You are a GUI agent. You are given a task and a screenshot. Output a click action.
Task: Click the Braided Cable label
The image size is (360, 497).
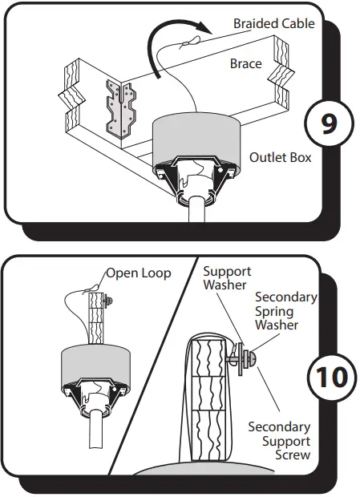(273, 24)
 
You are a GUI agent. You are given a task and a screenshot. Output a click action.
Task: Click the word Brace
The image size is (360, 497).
(246, 63)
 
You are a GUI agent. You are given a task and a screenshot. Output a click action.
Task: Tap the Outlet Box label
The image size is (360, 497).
(280, 158)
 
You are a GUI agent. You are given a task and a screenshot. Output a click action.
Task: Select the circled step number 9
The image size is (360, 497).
(329, 123)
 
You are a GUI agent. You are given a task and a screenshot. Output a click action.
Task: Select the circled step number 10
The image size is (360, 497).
(332, 378)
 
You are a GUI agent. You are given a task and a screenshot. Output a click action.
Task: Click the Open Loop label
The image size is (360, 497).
(139, 273)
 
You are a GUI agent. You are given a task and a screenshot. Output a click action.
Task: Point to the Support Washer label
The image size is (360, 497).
(227, 278)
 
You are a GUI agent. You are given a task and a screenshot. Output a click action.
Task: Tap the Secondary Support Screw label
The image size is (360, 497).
(279, 441)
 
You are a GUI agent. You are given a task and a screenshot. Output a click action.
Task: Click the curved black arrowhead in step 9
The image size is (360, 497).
(206, 30)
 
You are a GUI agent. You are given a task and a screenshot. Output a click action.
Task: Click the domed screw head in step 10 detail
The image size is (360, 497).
(252, 359)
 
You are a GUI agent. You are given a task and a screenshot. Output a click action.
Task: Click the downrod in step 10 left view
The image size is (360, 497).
(96, 429)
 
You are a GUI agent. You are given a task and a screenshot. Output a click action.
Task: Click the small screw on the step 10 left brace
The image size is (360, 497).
(107, 301)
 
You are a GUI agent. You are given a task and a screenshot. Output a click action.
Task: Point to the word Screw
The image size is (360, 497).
(293, 455)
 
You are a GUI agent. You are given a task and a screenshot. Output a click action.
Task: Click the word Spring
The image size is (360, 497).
(274, 312)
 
